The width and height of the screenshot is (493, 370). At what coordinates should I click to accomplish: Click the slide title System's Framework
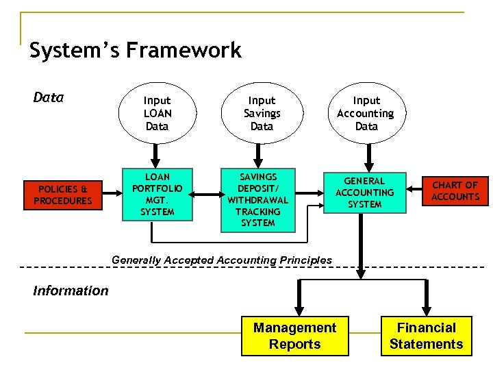[135, 51]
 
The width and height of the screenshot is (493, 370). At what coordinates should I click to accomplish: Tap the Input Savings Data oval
[262, 113]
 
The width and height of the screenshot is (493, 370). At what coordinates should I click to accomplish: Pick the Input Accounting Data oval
[366, 113]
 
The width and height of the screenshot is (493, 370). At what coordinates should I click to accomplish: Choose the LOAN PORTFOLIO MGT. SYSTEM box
[157, 195]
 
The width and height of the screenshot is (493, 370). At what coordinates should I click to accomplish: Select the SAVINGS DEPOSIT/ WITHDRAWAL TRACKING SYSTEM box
[258, 200]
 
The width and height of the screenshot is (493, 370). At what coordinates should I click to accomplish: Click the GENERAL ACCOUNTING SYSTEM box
[364, 193]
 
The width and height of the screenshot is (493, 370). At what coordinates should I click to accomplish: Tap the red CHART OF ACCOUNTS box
[455, 191]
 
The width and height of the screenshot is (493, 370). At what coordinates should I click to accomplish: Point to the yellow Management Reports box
[294, 336]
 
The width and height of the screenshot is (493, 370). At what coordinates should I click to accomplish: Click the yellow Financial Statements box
[426, 336]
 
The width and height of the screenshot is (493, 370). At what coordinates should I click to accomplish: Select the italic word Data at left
[48, 97]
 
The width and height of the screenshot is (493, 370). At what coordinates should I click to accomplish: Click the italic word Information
[71, 291]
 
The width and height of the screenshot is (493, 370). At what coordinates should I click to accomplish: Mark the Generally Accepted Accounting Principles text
[221, 260]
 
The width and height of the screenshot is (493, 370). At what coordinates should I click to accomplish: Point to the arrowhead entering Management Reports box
[299, 310]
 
